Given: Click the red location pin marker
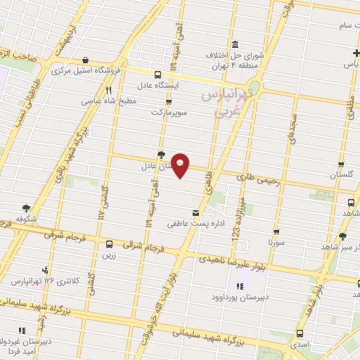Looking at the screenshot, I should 181,165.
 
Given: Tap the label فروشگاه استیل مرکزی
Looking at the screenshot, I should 90,70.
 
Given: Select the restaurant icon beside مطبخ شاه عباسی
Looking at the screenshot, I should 108,90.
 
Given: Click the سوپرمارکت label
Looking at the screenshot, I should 165,112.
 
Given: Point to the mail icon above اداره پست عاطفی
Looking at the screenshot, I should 195,213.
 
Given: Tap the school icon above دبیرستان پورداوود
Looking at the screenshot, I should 238,286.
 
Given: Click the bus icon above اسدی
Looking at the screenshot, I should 300,333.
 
